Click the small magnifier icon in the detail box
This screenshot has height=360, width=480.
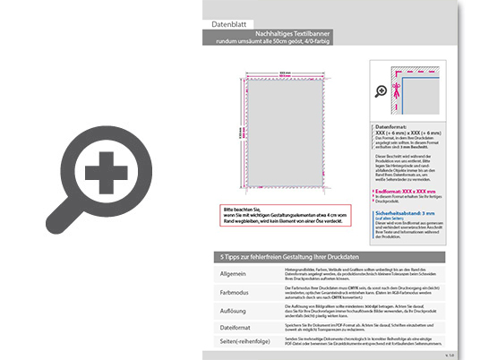coord(381,90)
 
